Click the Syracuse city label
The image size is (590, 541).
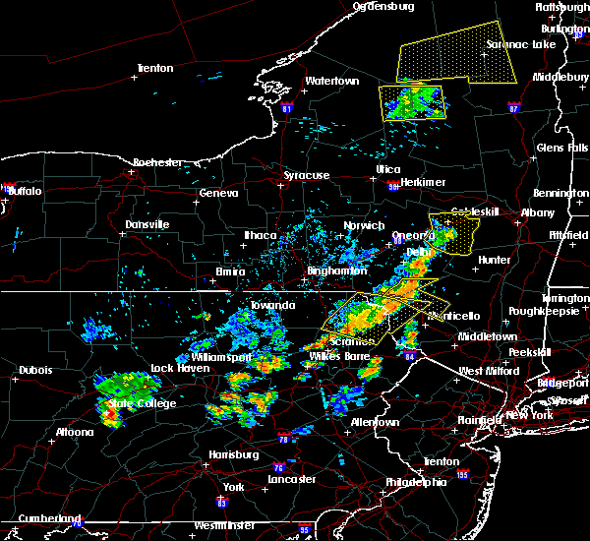coord(307,175)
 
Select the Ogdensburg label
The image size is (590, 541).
coord(384,6)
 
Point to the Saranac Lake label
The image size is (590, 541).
coord(521,44)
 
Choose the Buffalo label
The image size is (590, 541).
coord(25,191)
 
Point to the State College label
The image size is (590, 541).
coord(143,403)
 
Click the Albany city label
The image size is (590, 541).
coord(538,212)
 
